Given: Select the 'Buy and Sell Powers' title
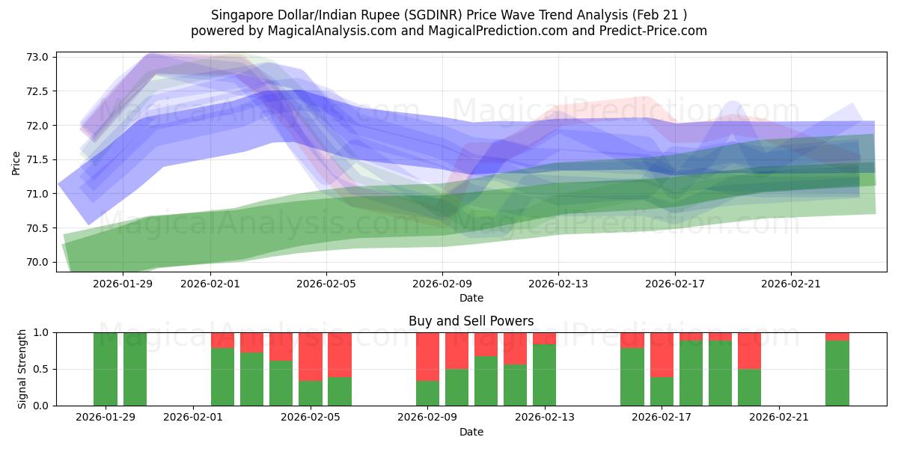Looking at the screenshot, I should click(471, 321).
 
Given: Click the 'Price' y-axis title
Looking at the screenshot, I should click(16, 162).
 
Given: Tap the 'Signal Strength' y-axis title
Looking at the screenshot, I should click(22, 369).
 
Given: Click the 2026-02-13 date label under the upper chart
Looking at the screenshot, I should click(558, 284).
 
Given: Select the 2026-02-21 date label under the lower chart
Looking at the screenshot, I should click(779, 418).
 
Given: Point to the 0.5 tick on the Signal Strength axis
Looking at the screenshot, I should click(41, 369).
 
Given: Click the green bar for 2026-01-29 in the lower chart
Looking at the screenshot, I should click(106, 369).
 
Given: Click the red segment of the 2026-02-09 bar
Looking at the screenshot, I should click(427, 356).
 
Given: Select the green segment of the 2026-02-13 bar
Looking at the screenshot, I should click(544, 374).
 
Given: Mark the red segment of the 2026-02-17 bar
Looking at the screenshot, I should click(662, 354).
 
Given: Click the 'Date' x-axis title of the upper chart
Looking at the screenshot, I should click(471, 298).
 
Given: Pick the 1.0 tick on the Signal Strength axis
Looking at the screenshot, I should click(41, 332).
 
